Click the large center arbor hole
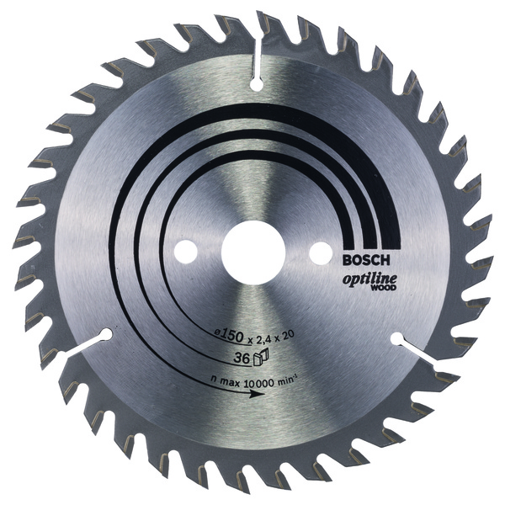(x=253, y=252)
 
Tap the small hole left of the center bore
(x=186, y=251)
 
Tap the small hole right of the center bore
(x=321, y=252)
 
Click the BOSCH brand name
(x=366, y=259)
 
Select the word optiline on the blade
(x=369, y=279)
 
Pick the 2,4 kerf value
(x=263, y=337)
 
